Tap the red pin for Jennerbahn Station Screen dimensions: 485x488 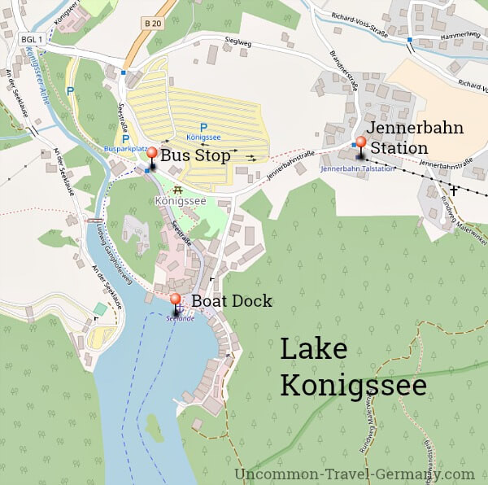click(361, 143)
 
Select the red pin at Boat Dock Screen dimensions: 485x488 click(175, 300)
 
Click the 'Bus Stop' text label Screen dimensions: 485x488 click(194, 155)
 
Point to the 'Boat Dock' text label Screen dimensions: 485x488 click(232, 301)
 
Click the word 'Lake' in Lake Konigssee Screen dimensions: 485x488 click(314, 350)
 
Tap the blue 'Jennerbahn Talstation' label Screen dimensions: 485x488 click(358, 168)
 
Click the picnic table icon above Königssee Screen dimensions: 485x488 click(176, 189)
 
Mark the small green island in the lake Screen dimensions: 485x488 click(153, 426)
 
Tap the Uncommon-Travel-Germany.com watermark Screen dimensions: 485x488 click(354, 474)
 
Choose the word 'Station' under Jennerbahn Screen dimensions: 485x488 click(399, 148)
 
